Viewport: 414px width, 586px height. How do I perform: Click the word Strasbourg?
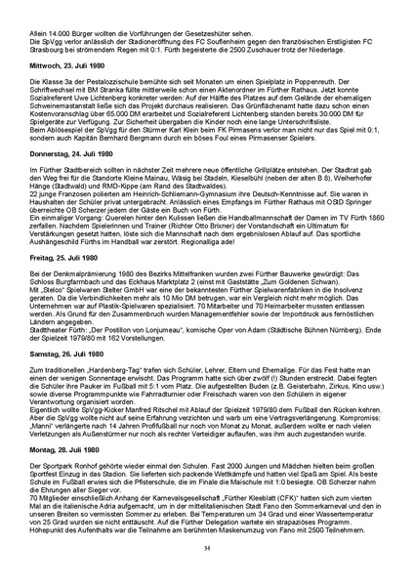point(45,59)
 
